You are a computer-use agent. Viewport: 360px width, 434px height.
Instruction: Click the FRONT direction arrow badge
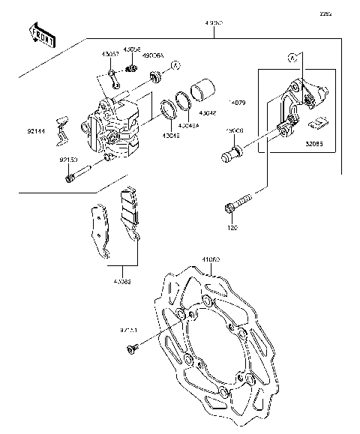41,36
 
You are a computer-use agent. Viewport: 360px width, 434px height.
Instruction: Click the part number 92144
37,129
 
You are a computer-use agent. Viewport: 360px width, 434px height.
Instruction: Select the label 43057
111,55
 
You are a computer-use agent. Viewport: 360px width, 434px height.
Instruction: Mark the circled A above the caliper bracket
292,56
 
